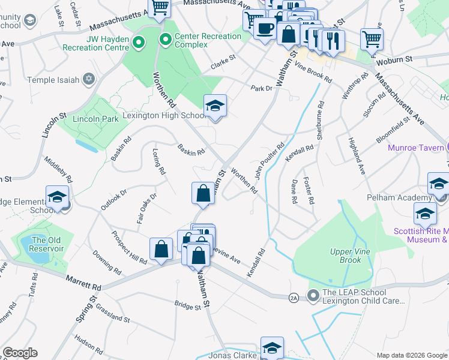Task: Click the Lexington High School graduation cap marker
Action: point(215,106)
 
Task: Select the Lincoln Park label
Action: point(95,119)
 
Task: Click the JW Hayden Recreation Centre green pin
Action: point(139,42)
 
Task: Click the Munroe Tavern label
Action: point(415,148)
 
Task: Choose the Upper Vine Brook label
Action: point(346,256)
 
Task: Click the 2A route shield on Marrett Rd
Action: point(294,297)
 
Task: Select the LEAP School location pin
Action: point(313,295)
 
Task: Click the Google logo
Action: point(20,353)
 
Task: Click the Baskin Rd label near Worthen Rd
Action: point(191,150)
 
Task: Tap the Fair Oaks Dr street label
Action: point(146,208)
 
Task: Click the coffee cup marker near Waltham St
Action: point(264,28)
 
